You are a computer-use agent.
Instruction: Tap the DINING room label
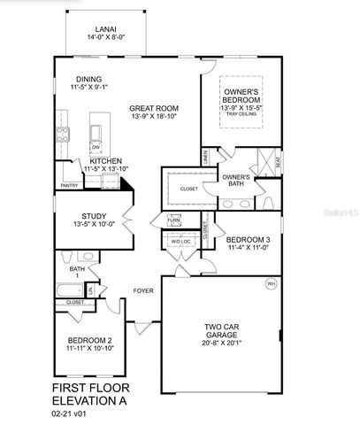[x=89, y=77]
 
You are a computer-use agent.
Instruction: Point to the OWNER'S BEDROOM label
[x=241, y=92]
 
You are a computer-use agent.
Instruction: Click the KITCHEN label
[x=105, y=161]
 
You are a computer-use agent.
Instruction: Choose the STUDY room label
[x=94, y=215]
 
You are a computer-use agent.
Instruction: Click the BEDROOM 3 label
[x=248, y=240]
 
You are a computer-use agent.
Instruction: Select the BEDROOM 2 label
[x=90, y=341]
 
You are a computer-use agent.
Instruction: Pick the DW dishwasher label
[x=96, y=147]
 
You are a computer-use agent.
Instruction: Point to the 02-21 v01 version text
[x=72, y=413]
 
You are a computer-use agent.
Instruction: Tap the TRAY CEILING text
[x=241, y=114]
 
